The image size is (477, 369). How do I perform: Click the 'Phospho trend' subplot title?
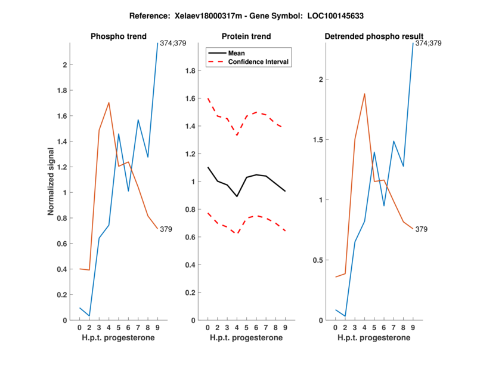click(118, 36)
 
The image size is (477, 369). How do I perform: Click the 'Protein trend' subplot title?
click(246, 36)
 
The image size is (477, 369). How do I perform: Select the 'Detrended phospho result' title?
click(374, 36)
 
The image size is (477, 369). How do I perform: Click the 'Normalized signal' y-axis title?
click(52, 182)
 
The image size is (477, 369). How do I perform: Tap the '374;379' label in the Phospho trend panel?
click(173, 43)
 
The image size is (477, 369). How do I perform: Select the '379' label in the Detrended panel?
click(422, 229)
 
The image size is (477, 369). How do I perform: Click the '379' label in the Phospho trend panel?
click(166, 229)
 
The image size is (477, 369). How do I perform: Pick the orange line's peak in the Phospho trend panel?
click(109, 102)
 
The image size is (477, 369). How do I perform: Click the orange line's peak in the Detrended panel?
click(364, 94)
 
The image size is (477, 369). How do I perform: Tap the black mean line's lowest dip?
click(237, 196)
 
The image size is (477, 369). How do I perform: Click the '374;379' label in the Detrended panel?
click(429, 43)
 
